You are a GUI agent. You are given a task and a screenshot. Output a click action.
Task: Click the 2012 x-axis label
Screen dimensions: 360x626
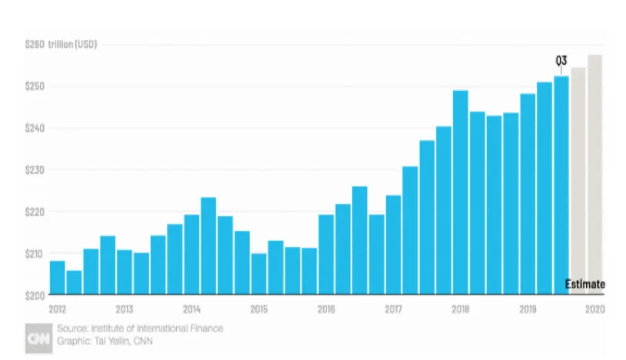pos(57,310)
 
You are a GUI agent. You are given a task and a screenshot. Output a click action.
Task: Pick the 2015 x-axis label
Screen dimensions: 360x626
pos(259,310)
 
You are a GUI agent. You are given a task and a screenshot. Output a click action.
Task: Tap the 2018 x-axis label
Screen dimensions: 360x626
pos(461,310)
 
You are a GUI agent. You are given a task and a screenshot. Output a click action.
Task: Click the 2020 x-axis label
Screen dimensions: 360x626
pos(594,310)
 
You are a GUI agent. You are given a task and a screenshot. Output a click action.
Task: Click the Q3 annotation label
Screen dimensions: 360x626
pos(561,60)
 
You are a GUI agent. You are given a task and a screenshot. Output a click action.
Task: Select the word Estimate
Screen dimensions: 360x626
pos(585,285)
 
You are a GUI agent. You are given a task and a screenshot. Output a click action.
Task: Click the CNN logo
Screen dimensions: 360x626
pos(38,335)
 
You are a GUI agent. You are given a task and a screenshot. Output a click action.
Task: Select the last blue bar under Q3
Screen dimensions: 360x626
pos(561,185)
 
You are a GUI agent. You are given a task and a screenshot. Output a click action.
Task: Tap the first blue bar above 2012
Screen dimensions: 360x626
pos(57,278)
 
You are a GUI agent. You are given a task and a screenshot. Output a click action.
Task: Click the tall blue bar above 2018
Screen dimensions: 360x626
pos(461,192)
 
